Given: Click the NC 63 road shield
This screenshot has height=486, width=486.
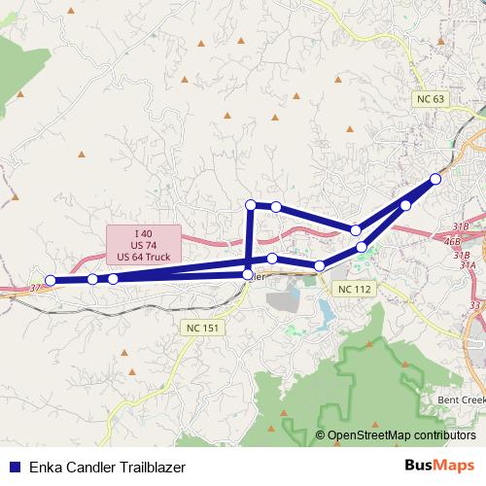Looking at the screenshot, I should coord(429,99).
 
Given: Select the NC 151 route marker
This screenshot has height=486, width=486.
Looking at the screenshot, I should coord(202,329).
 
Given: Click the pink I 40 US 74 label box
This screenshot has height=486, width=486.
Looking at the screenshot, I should coord(144,245).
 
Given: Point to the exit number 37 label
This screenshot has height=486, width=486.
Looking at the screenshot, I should coord(36,288).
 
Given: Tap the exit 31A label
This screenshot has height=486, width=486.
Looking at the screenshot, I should coord(468,264).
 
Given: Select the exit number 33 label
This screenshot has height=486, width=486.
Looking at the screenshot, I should coord(474,305).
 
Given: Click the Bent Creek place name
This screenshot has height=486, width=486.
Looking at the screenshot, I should coord(460,400).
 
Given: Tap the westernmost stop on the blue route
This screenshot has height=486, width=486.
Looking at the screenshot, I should coord(52,281).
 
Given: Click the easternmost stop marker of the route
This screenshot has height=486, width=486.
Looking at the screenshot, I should coord(435,179).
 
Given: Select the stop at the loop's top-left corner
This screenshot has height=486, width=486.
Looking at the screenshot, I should coord(251,204).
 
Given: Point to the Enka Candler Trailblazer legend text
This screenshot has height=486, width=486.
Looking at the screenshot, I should coord(108,467).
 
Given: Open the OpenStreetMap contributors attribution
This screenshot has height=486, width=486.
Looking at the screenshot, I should coord(400,435).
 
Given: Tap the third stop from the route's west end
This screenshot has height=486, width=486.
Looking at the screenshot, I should coord(114,279).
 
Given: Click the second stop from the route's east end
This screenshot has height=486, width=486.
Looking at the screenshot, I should coord(405,205).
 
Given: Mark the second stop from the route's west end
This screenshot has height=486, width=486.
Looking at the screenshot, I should coord(92,279).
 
